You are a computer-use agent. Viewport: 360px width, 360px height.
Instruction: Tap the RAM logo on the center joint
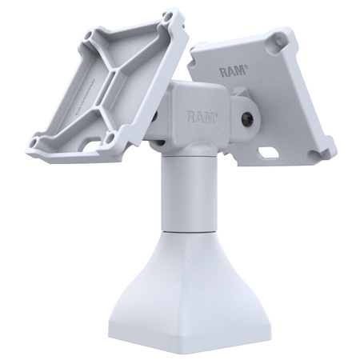coord(201,116)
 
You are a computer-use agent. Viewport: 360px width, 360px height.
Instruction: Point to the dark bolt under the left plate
coord(153,118)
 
